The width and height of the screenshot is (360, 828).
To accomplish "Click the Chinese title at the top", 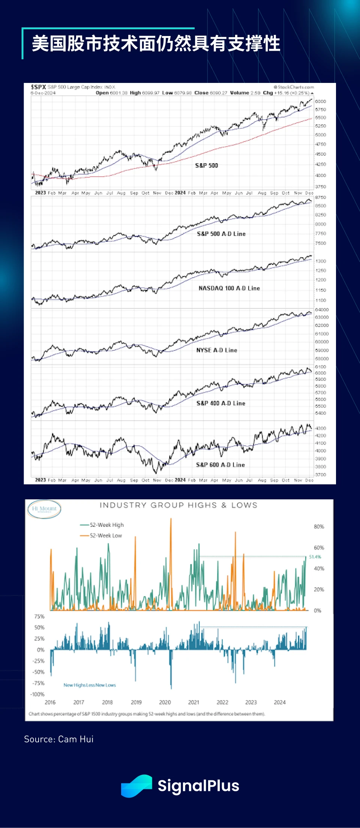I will point(156,44).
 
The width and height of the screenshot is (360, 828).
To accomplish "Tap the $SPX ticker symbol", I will point(38,87).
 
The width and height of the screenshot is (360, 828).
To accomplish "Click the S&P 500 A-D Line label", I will point(221,234).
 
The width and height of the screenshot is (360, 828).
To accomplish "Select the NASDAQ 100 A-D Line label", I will point(229,288).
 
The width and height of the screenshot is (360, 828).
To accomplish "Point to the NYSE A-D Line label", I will point(217,350).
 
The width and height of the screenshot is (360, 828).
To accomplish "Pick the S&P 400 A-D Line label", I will point(221,403).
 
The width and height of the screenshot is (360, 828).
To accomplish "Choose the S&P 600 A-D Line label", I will point(220,465).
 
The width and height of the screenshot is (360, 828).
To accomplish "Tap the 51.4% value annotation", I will point(315,557).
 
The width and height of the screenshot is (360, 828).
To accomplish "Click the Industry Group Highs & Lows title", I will point(178,505).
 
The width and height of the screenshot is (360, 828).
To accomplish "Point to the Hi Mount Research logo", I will point(44,509).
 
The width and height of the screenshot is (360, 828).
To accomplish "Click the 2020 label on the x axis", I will point(165,702).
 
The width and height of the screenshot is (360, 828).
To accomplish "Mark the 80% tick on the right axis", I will point(319,527).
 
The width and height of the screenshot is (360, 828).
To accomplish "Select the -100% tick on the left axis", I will point(37,694).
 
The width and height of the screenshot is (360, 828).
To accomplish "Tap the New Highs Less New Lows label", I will point(90,685).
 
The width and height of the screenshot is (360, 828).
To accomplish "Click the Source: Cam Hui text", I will point(59,739).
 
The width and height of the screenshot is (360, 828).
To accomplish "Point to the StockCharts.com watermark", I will point(294,87).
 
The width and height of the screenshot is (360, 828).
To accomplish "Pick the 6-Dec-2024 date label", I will point(43,93).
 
